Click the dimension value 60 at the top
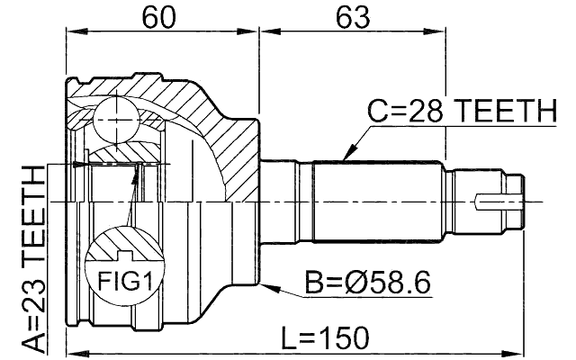(x=162, y=16)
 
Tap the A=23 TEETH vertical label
(x=33, y=261)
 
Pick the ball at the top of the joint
(x=114, y=115)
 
